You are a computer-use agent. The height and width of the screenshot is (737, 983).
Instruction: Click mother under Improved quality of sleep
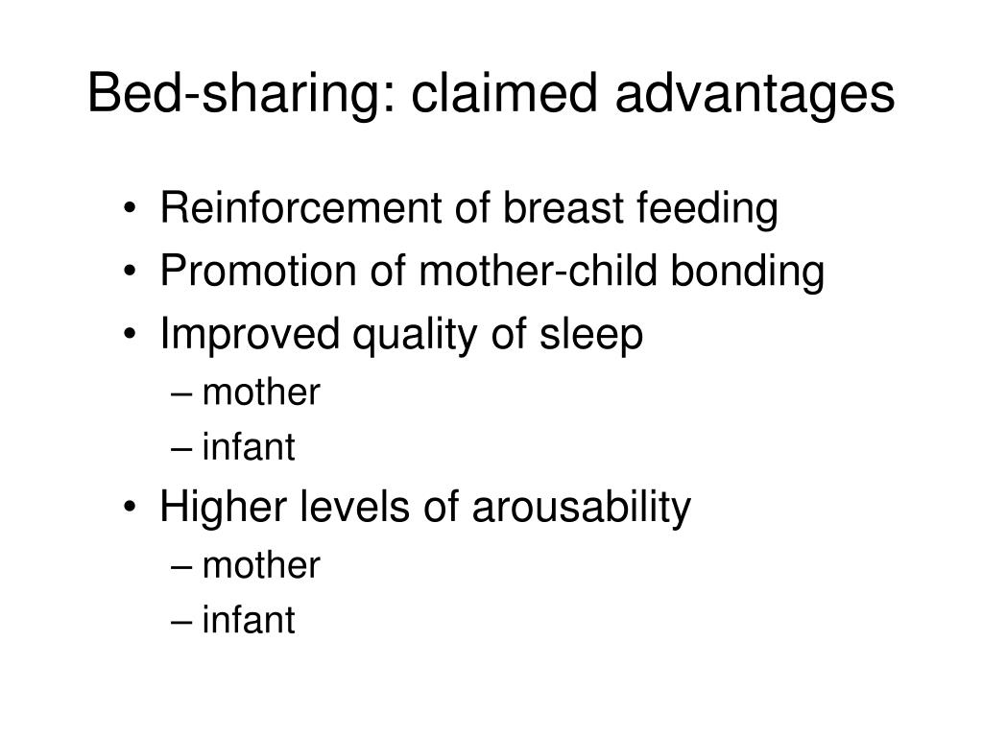coord(260,392)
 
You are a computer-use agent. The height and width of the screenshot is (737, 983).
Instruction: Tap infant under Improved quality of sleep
coord(249,448)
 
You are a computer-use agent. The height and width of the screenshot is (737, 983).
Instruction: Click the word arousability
coord(580,508)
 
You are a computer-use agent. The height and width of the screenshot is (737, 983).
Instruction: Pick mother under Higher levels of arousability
coord(260,565)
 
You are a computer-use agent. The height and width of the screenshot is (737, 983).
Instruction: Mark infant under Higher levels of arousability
coord(249,621)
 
